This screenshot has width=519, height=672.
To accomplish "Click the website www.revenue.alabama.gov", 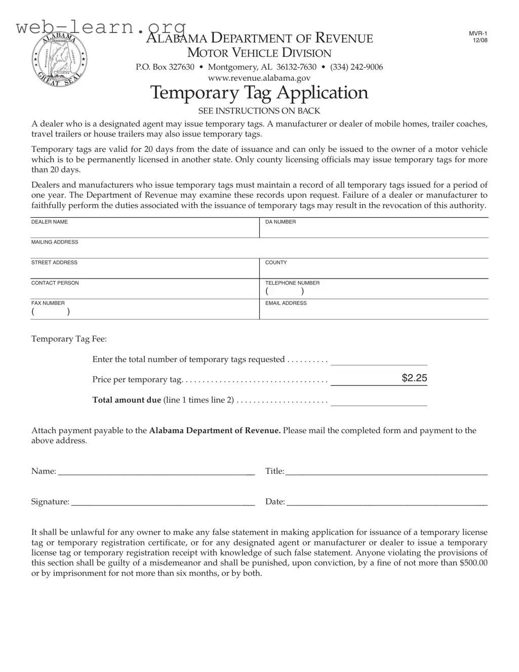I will click(259, 78).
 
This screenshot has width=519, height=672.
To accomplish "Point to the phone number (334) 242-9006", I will click(356, 67).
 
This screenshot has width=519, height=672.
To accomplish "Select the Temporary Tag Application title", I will click(259, 93).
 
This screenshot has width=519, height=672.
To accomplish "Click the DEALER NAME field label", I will click(50, 222).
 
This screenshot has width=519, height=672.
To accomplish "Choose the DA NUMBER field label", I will click(281, 222).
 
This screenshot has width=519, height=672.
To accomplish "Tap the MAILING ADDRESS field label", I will click(55, 242).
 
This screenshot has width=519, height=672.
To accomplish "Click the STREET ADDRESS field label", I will click(54, 262).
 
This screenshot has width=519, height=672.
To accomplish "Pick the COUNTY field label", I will click(276, 262).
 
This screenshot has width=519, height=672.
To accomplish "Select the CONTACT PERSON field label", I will click(55, 283).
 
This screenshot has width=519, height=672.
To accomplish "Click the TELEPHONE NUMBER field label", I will click(292, 283).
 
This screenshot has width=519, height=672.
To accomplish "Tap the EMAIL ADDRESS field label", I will click(286, 303).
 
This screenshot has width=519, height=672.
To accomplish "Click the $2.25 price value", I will click(414, 378).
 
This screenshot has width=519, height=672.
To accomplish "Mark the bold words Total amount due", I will click(127, 400).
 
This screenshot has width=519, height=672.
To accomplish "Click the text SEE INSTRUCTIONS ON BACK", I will click(259, 110).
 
